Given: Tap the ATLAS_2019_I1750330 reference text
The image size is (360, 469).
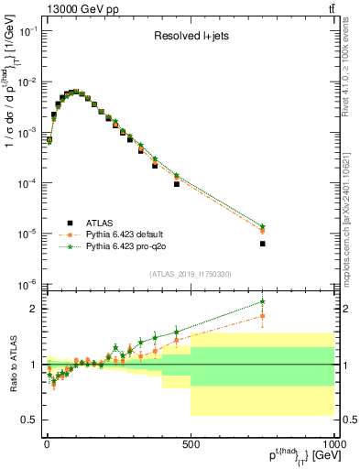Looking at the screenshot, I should [190, 274].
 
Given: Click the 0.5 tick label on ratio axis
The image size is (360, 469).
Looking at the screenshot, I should [30, 420].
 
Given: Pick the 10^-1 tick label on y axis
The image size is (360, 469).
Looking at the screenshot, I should [27, 31].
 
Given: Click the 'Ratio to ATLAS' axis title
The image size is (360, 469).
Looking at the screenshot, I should [11, 364].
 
